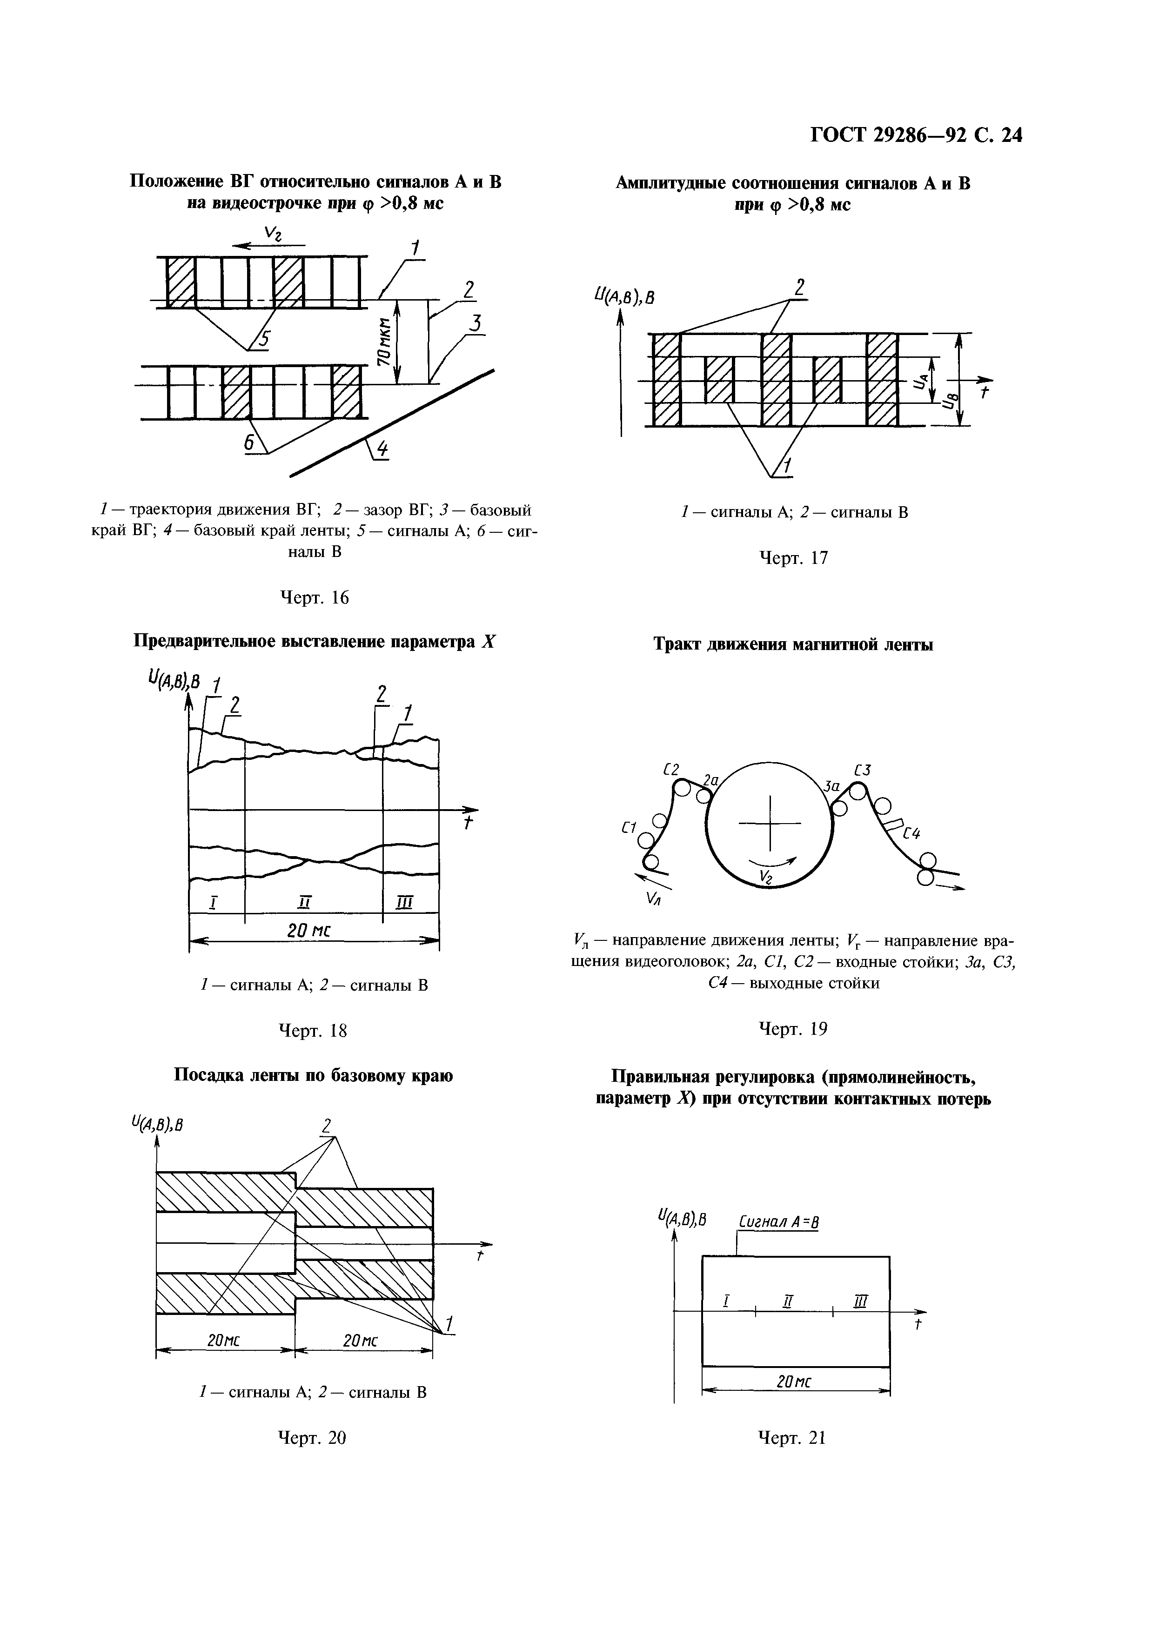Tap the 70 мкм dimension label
coord(383,342)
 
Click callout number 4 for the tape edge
coord(382,449)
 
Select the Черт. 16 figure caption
coord(314,597)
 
